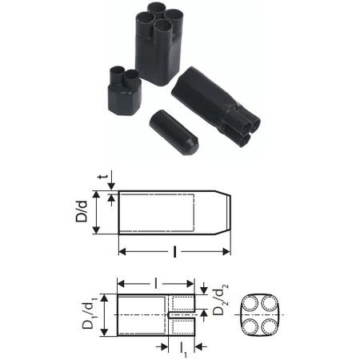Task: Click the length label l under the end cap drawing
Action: click(174, 252)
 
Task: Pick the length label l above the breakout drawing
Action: click(157, 282)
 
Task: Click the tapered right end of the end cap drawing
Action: click(223, 212)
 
